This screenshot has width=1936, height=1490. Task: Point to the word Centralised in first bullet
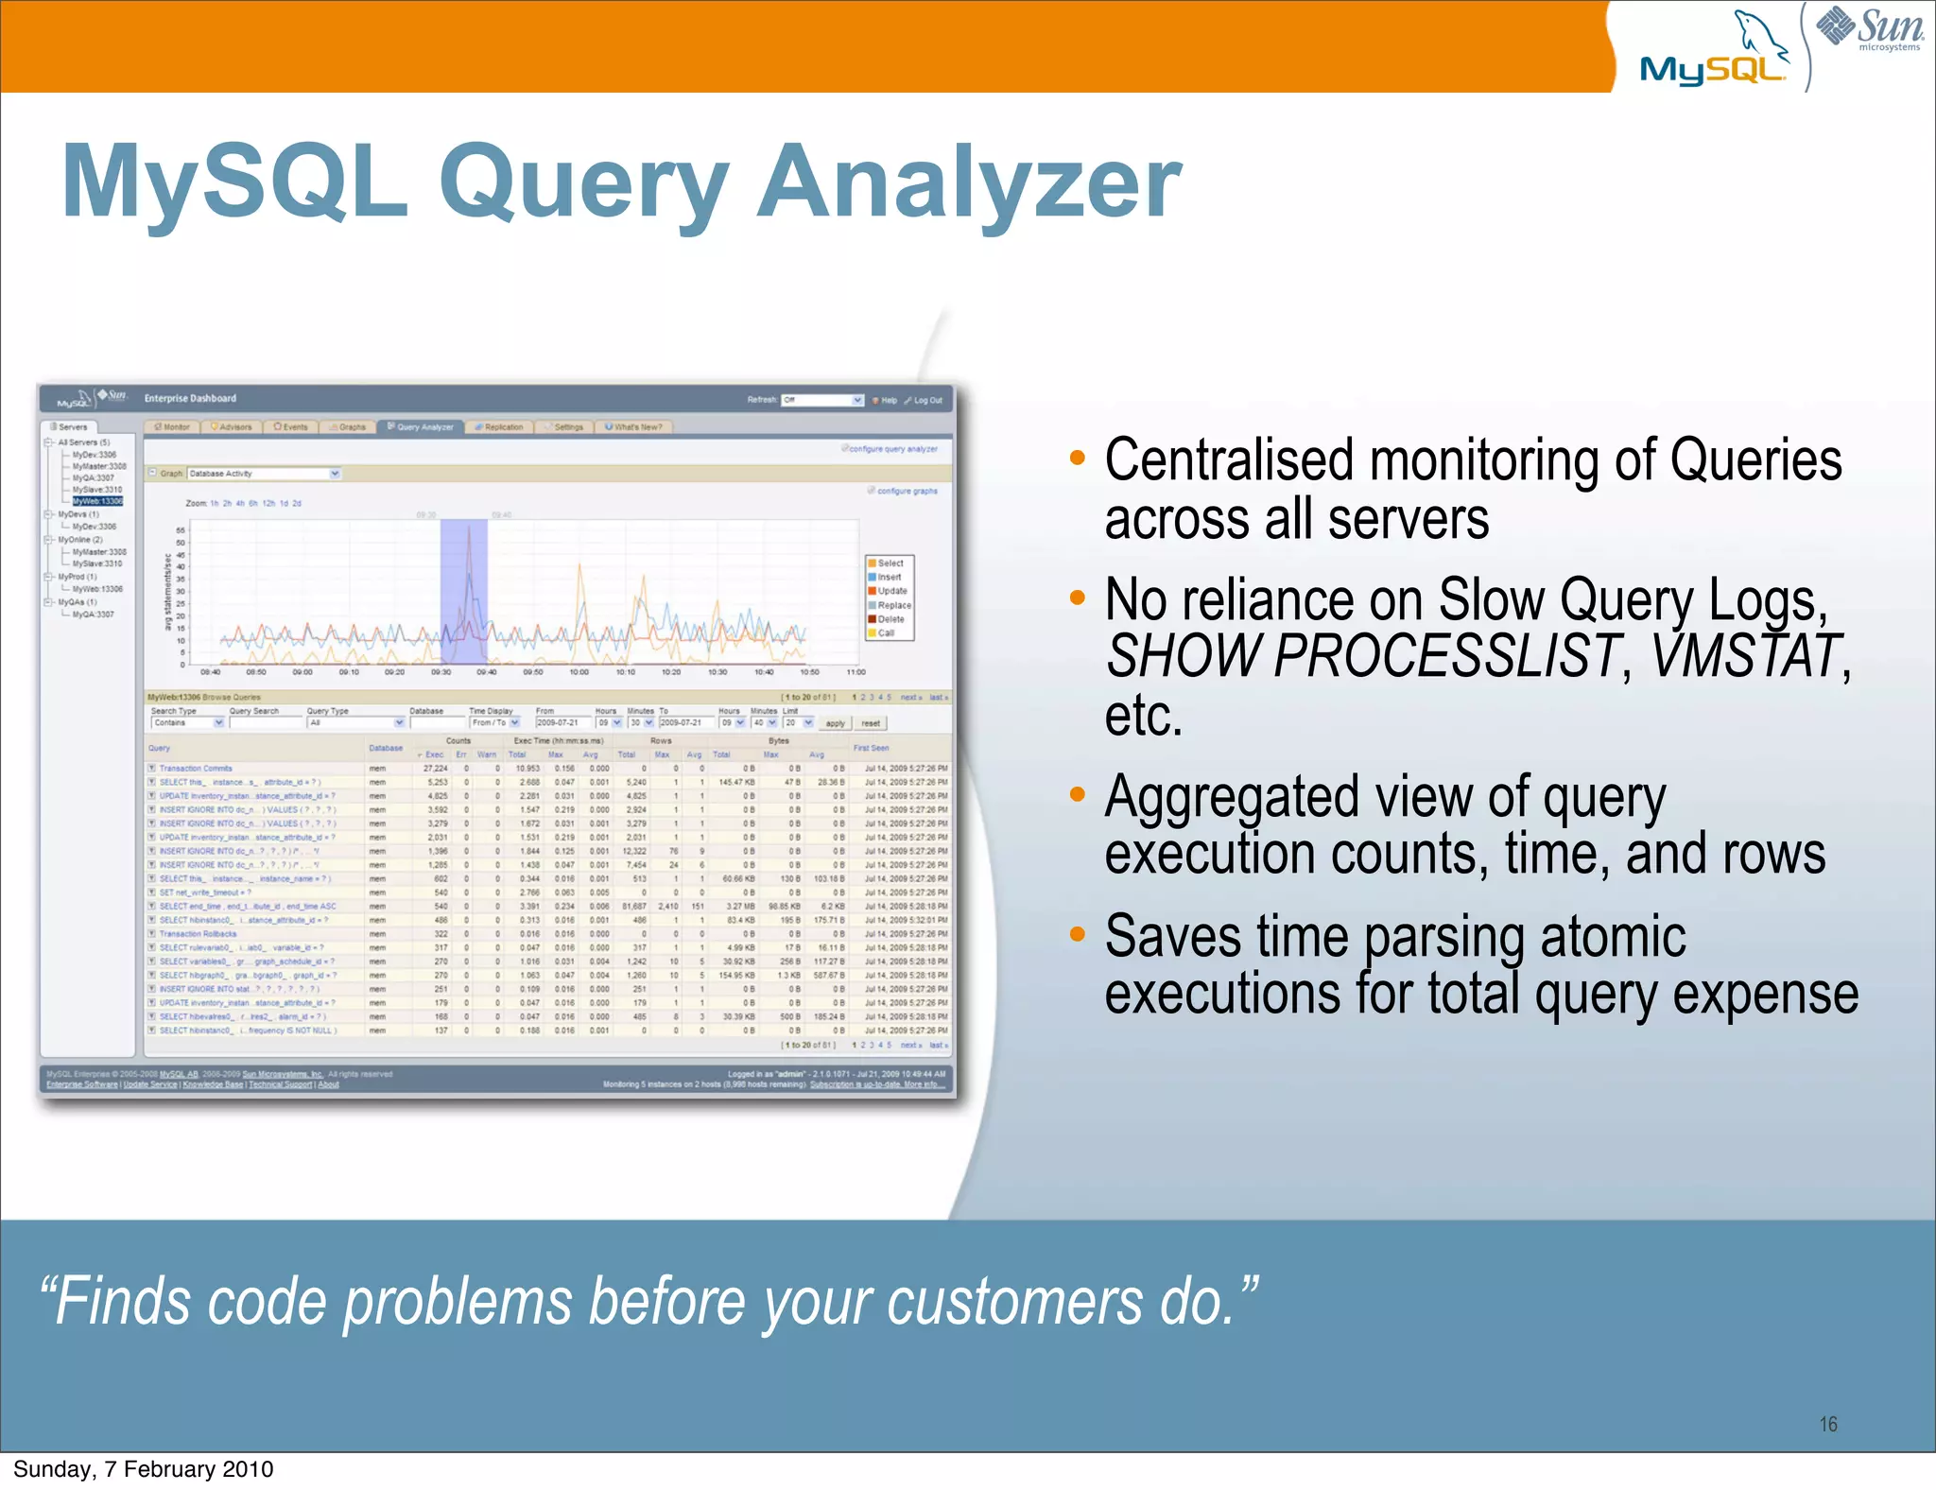pyautogui.click(x=1230, y=460)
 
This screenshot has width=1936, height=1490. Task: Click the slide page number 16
pyautogui.click(x=1828, y=1424)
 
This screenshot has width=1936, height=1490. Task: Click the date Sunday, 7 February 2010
pyautogui.click(x=144, y=1469)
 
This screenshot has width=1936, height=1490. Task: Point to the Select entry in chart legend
pyautogui.click(x=890, y=563)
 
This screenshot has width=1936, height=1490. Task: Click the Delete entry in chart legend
pyautogui.click(x=890, y=619)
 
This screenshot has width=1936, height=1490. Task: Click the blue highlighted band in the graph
pyautogui.click(x=463, y=591)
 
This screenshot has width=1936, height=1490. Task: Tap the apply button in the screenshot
pyautogui.click(x=835, y=723)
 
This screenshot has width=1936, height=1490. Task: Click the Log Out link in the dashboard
pyautogui.click(x=927, y=400)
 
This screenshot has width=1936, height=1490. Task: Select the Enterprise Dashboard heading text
pyautogui.click(x=190, y=399)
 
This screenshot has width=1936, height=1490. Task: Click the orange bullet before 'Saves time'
pyautogui.click(x=1077, y=934)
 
